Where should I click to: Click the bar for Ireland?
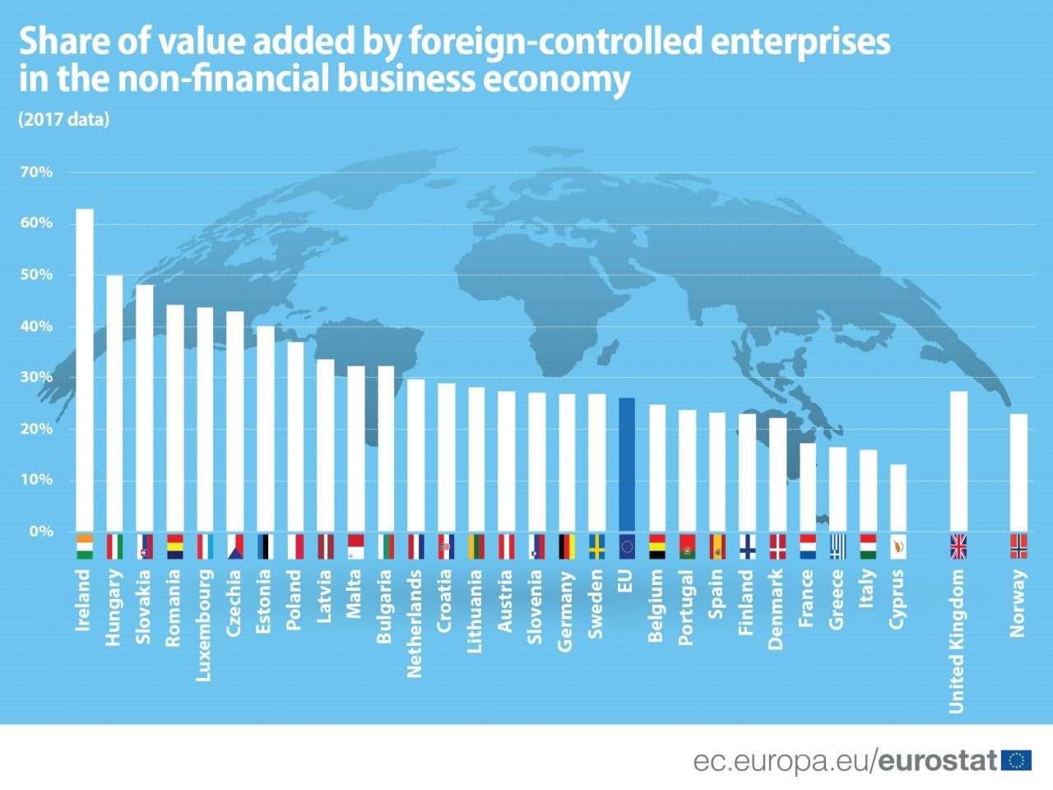click(x=85, y=370)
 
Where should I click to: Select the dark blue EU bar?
click(x=627, y=465)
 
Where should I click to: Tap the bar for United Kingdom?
click(x=958, y=461)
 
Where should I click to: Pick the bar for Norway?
click(x=1018, y=472)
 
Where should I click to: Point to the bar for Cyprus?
click(x=898, y=498)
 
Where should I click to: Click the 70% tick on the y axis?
click(x=36, y=172)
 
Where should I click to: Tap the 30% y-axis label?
click(x=36, y=378)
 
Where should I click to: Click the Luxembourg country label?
click(x=204, y=625)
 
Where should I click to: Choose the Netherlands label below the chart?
click(x=415, y=623)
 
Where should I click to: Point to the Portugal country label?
click(x=686, y=607)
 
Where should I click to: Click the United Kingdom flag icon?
click(x=958, y=547)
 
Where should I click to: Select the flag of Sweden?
click(x=596, y=547)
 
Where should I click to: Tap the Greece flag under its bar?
click(x=837, y=547)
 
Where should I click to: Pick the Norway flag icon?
click(x=1018, y=547)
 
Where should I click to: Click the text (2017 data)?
click(x=63, y=119)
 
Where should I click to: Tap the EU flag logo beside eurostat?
click(x=1017, y=760)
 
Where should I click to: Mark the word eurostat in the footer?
click(x=938, y=760)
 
